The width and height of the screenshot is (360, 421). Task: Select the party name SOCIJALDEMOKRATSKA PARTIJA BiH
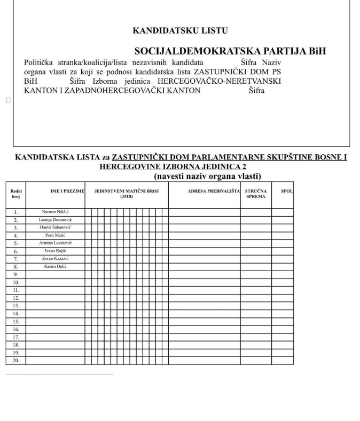pyautogui.click(x=230, y=51)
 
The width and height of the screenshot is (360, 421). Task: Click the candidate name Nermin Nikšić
pyautogui.click(x=55, y=212)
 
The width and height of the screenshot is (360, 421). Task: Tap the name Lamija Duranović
pyautogui.click(x=55, y=219)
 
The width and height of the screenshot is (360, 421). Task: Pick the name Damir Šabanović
pyautogui.click(x=55, y=227)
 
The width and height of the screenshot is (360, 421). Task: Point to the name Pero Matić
pyautogui.click(x=55, y=235)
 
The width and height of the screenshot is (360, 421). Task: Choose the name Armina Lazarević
pyautogui.click(x=55, y=243)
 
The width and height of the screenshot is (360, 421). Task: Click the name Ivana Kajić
pyautogui.click(x=55, y=250)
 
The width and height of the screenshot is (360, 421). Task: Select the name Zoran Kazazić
pyautogui.click(x=55, y=258)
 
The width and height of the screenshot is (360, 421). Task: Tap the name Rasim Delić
pyautogui.click(x=55, y=266)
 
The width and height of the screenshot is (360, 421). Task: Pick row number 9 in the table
pyautogui.click(x=16, y=274)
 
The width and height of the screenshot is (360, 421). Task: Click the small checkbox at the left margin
pyautogui.click(x=8, y=100)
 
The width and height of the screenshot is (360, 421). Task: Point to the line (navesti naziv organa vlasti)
pyautogui.click(x=207, y=176)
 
